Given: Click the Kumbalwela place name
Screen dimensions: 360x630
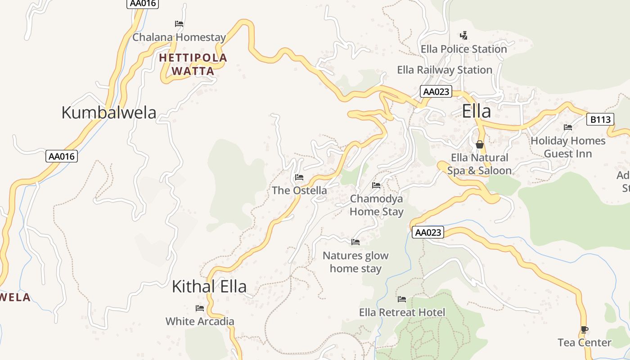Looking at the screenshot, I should (x=108, y=112).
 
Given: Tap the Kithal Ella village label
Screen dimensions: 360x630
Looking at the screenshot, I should (x=209, y=287).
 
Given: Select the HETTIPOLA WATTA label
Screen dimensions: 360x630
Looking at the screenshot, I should (x=193, y=64).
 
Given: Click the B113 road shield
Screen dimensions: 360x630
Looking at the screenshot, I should (x=600, y=120).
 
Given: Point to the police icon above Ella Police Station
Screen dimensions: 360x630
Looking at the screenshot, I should (x=463, y=35).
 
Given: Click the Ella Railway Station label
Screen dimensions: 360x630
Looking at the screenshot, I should (x=445, y=70).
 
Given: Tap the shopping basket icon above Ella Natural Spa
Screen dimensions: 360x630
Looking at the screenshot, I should (x=480, y=144).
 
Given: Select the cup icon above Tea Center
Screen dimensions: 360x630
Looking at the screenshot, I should (x=584, y=329).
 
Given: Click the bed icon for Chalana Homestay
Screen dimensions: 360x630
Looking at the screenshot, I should (x=179, y=24).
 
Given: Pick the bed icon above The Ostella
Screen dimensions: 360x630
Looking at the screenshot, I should (x=299, y=177).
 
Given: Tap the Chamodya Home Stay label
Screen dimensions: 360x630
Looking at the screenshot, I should (x=377, y=205).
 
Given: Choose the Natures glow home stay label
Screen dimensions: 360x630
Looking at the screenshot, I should (x=355, y=262).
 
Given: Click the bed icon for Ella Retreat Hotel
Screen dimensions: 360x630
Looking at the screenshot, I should (x=402, y=299).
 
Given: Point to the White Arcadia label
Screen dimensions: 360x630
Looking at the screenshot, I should (x=200, y=321).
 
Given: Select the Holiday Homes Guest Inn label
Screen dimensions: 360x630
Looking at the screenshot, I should (x=568, y=147).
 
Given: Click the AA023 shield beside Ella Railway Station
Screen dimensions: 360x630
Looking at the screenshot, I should (x=436, y=92).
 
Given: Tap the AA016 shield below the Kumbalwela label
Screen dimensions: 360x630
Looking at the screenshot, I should (x=62, y=157).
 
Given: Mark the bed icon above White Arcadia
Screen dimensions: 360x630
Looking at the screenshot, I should (x=200, y=308).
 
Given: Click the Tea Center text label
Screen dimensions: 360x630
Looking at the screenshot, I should (x=585, y=342).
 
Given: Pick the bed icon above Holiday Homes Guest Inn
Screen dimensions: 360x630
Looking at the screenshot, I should (x=568, y=127).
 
